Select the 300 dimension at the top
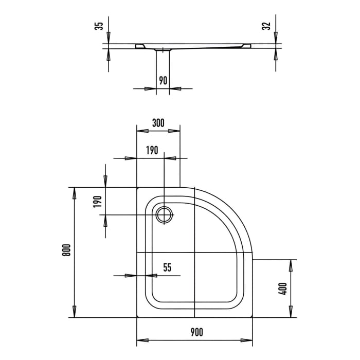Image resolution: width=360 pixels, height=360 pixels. click(158, 123)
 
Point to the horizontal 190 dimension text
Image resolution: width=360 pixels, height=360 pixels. click(151, 151)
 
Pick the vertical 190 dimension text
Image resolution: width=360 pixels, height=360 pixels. click(97, 201)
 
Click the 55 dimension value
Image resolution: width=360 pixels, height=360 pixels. click(167, 268)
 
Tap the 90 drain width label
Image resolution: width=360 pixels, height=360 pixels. click(163, 80)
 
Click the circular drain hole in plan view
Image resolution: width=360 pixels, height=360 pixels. click(165, 214)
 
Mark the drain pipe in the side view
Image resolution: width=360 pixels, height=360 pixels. click(163, 67)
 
